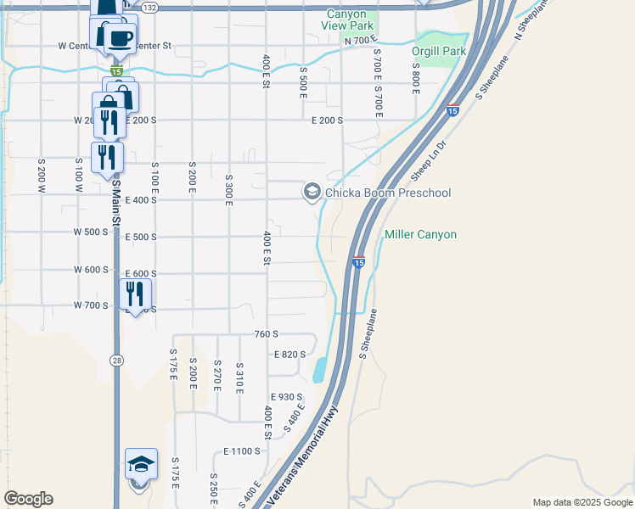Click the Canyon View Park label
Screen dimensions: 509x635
(346, 20)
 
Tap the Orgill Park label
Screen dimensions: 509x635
(439, 52)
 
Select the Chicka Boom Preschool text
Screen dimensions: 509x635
(388, 193)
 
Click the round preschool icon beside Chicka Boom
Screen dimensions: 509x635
(312, 193)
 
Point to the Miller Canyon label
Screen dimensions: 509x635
(420, 234)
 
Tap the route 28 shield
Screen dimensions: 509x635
(115, 360)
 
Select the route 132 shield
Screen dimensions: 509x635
(150, 7)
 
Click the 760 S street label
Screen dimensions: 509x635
(267, 335)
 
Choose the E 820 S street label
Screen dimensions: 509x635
(289, 355)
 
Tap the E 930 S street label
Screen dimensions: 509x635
(287, 397)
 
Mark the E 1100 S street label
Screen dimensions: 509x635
(242, 451)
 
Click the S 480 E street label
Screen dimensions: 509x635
(295, 418)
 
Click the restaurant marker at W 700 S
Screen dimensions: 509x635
(135, 294)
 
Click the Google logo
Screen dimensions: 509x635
(28, 499)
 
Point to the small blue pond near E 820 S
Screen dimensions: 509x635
(319, 370)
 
